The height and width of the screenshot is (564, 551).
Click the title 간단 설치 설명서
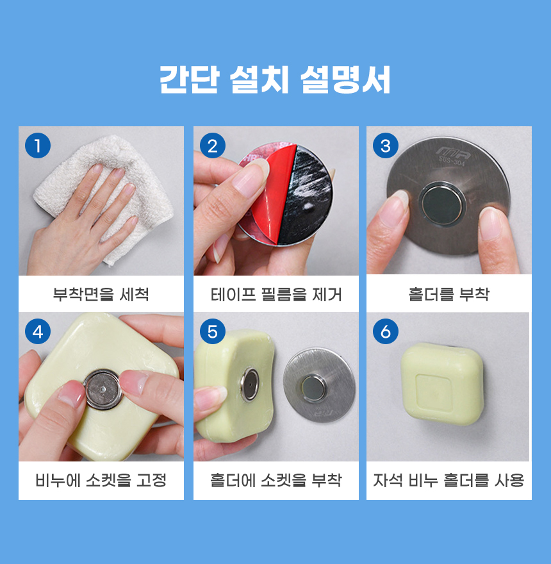pyautogui.click(x=275, y=79)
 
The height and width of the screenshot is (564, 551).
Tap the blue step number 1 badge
pyautogui.click(x=37, y=145)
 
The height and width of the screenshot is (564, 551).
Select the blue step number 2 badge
pyautogui.click(x=213, y=145)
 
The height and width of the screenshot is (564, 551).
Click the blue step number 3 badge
pyautogui.click(x=386, y=145)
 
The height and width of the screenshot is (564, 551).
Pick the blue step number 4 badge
pyautogui.click(x=37, y=331)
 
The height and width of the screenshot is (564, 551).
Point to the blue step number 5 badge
pyautogui.click(x=213, y=331)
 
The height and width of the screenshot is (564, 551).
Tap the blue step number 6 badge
pyautogui.click(x=386, y=331)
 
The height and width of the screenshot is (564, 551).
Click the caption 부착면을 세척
pyautogui.click(x=101, y=294)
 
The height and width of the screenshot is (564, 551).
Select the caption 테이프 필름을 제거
pyautogui.click(x=276, y=294)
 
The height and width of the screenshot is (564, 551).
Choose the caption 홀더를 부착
pyautogui.click(x=449, y=294)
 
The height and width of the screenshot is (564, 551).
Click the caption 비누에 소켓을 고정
pyautogui.click(x=101, y=480)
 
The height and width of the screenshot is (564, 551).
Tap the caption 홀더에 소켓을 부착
pyautogui.click(x=276, y=480)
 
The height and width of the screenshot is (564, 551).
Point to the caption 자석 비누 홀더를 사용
pyautogui.click(x=449, y=480)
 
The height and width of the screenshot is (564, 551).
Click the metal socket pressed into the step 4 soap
pyautogui.click(x=104, y=389)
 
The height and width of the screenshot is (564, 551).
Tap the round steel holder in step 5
pyautogui.click(x=319, y=385)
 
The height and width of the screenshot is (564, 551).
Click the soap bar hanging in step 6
pyautogui.click(x=442, y=384)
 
